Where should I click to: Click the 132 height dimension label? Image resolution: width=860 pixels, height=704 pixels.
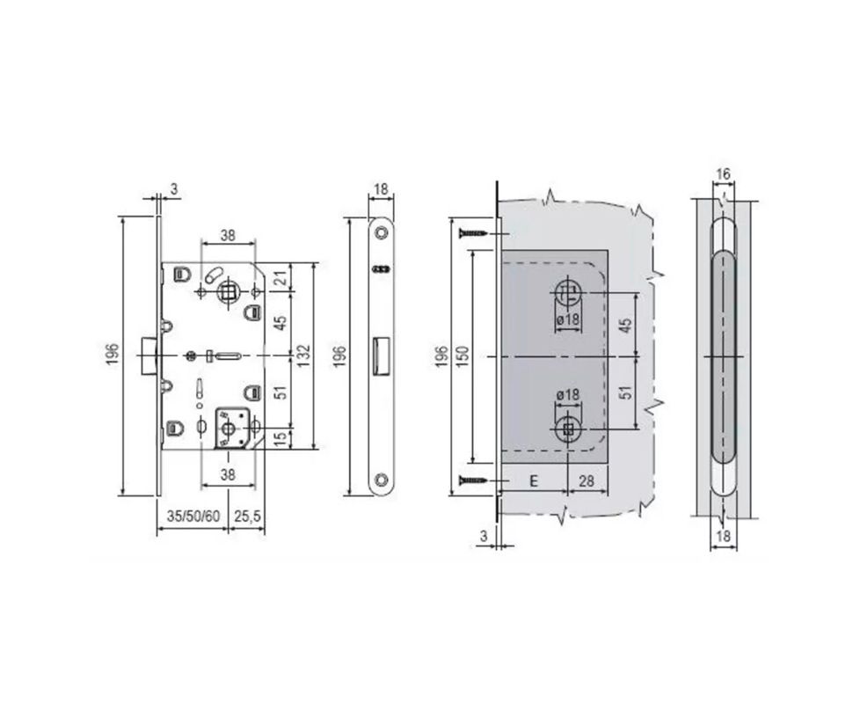point(303,356)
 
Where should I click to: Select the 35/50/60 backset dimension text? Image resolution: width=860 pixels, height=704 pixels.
point(193,517)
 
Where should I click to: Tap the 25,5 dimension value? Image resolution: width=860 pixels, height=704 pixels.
point(247,517)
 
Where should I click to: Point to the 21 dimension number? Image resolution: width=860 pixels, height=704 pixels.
point(281,278)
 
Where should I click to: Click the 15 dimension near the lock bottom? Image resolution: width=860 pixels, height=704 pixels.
point(281,439)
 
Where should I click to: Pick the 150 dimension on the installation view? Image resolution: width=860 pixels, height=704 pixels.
point(463,356)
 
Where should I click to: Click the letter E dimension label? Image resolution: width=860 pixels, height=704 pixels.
point(534,481)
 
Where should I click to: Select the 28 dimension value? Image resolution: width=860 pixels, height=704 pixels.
point(587,481)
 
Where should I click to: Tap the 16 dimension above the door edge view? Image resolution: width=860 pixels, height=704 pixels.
point(724,174)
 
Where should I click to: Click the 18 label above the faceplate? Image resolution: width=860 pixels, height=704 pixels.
point(381,190)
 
